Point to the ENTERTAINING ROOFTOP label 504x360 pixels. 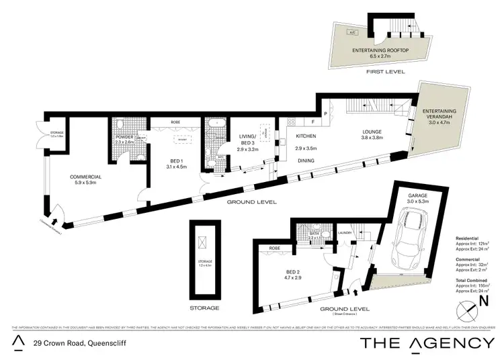tap(369, 51)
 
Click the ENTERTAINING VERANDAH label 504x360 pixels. tap(439, 115)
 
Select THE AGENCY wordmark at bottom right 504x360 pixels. tap(427, 343)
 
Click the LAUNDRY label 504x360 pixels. tap(345, 233)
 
